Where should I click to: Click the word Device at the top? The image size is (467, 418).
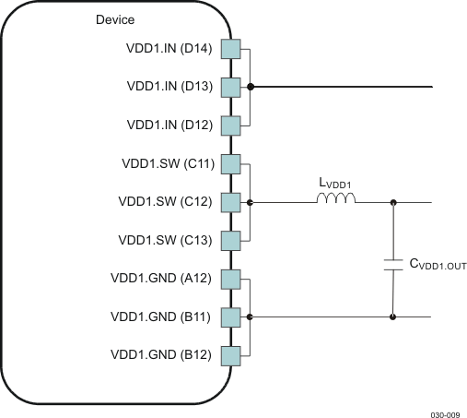pos(115,20)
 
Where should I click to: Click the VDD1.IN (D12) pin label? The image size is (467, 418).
pos(170,125)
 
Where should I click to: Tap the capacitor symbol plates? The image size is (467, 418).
pos(393,265)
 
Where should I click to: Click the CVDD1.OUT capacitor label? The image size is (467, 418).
pos(438,265)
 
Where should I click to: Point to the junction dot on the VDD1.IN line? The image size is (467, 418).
pos(251,87)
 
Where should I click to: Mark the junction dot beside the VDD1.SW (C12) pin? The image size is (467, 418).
pos(251,202)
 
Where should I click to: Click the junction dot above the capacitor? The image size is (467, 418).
pos(393,202)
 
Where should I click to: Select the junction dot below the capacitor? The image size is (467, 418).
pos(393,316)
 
